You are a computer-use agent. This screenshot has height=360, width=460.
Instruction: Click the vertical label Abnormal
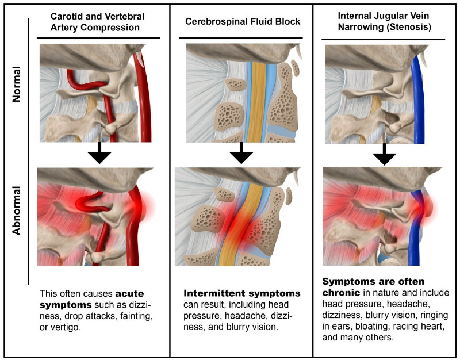(x=17, y=210)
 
